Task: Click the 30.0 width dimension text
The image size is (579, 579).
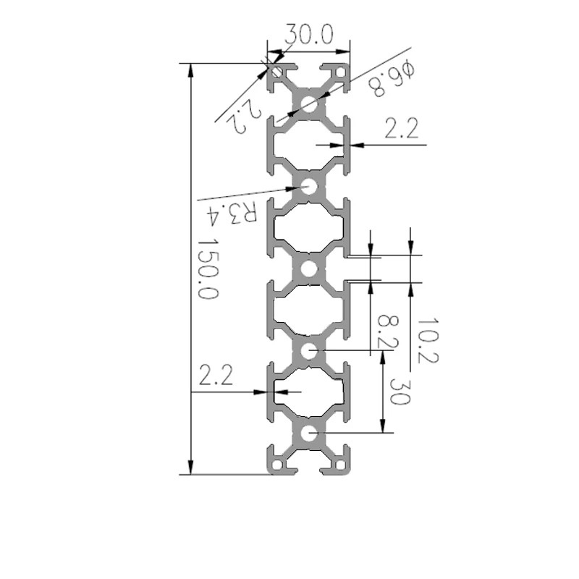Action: (x=309, y=34)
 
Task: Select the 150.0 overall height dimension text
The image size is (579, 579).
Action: (x=208, y=269)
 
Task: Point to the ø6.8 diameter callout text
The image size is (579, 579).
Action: (x=392, y=79)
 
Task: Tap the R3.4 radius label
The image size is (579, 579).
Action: (x=231, y=214)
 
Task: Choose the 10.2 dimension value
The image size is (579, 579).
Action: (x=428, y=340)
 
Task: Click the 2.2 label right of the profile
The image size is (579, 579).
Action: (x=402, y=129)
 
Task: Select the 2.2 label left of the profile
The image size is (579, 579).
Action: (x=216, y=375)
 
